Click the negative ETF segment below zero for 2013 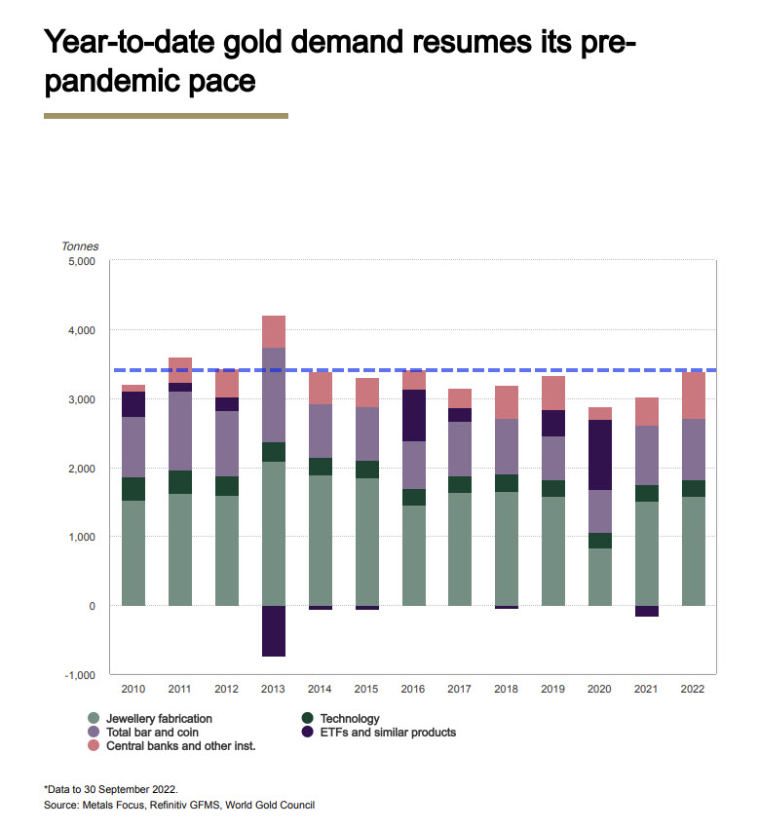click(274, 630)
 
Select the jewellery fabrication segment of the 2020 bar click(600, 577)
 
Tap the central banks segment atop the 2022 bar click(694, 396)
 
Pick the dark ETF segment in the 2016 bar click(414, 416)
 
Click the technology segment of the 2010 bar click(133, 489)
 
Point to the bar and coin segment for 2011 click(180, 431)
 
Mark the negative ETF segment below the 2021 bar click(647, 611)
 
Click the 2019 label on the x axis click(552, 689)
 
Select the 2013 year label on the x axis click(273, 689)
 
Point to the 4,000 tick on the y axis click(82, 330)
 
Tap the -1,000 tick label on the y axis click(79, 675)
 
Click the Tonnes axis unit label click(80, 246)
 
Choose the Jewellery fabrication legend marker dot click(94, 718)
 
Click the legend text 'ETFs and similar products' click(388, 733)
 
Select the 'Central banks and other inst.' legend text click(181, 746)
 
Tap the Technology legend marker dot click(307, 718)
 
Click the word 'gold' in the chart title click(252, 42)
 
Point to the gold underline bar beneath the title click(166, 116)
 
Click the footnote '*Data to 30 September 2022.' click(111, 789)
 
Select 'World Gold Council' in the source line click(270, 806)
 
